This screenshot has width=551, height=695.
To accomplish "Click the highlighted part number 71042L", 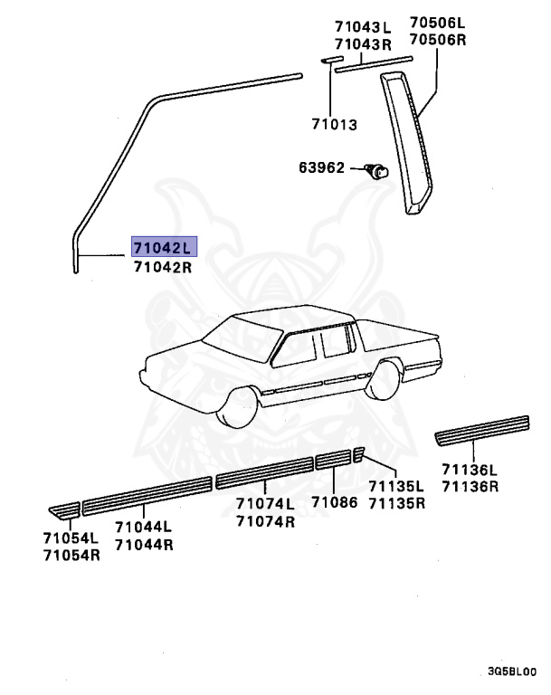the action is [x=164, y=247].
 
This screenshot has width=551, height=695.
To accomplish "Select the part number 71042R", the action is [x=164, y=267].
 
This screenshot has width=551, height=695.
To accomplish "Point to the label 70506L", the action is [x=436, y=22].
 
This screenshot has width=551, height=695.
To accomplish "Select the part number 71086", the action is [x=336, y=502].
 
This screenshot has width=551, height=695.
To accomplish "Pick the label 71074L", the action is [x=265, y=504].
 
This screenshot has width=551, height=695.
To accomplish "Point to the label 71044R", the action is [x=144, y=545].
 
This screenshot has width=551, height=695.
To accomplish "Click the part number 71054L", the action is [x=71, y=538].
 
